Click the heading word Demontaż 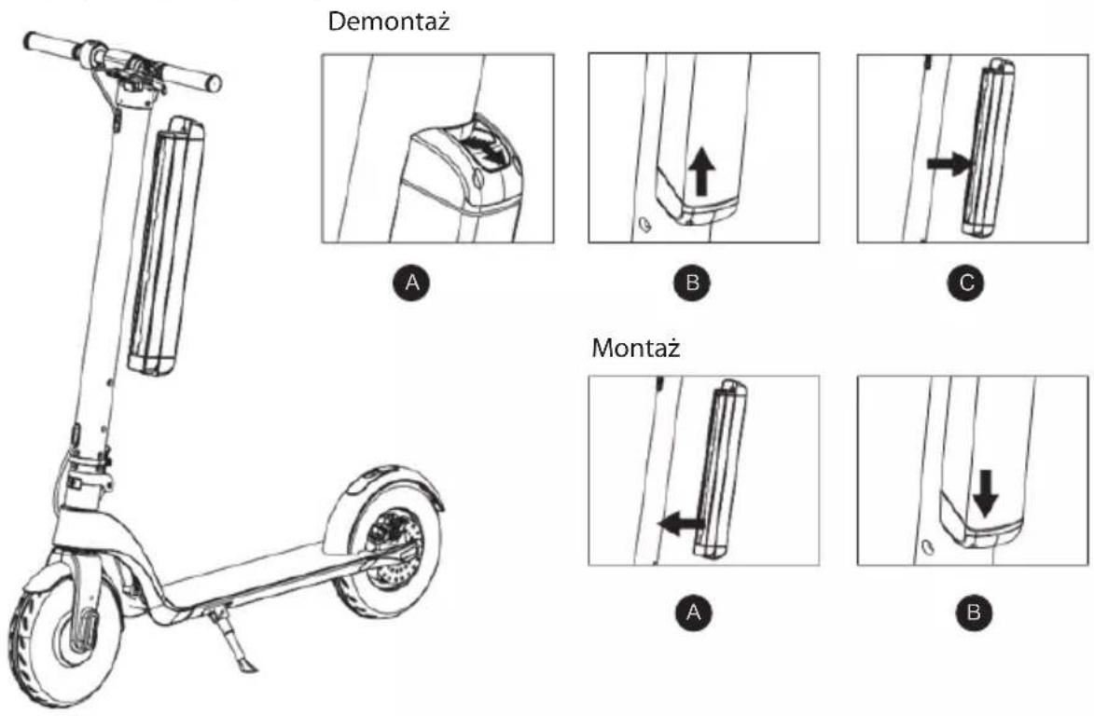coord(389,21)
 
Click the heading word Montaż coord(636,347)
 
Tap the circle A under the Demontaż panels coord(412,282)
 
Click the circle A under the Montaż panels coord(693,613)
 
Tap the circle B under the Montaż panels coord(974,613)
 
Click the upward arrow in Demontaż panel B coord(702,173)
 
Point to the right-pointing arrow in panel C coord(949,164)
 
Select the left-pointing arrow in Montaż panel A coord(682,524)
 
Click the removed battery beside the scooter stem coord(166,246)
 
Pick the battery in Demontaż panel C coord(989,148)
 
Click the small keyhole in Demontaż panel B coord(644,225)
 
